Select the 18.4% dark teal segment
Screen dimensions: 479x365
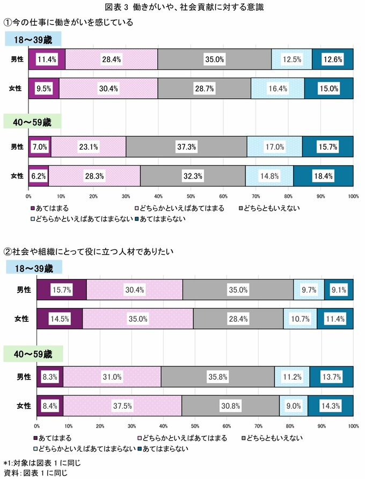(323, 175)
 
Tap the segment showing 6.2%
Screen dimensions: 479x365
(39, 175)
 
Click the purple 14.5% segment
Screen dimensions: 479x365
(60, 319)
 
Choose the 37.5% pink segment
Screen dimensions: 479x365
(122, 406)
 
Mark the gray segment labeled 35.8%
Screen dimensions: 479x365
(217, 377)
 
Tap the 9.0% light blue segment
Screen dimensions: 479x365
(294, 406)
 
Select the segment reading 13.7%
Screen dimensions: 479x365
(331, 377)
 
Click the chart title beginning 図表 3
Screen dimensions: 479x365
(182, 8)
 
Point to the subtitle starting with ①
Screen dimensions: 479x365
(68, 23)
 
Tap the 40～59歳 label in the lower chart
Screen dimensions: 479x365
(33, 354)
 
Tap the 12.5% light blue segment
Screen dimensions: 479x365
(291, 60)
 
